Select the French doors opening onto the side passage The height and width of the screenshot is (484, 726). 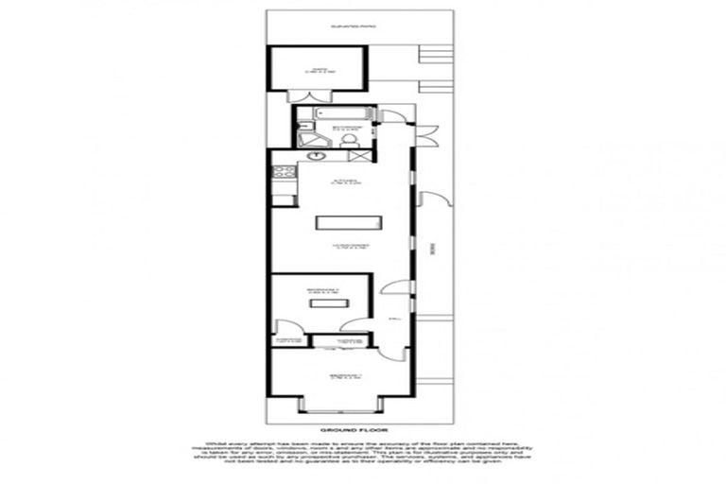428,135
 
